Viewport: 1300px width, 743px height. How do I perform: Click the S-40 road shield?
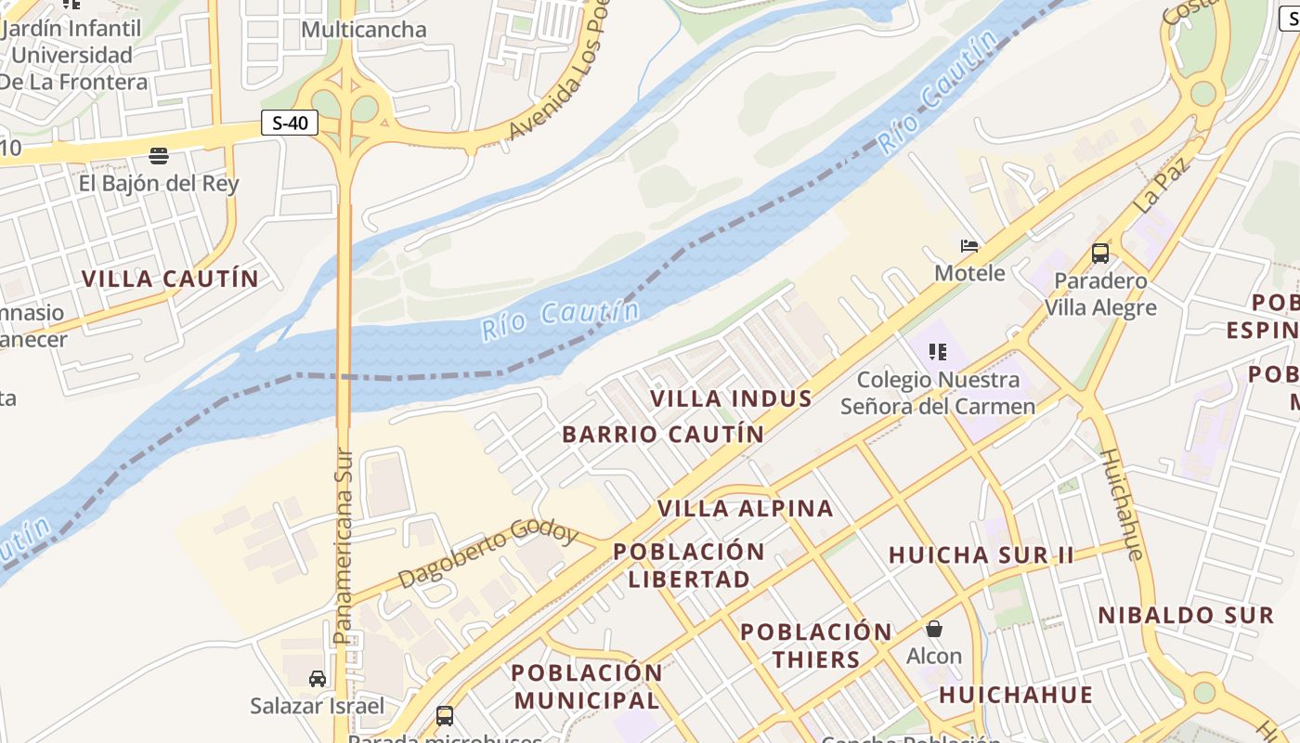coord(290,123)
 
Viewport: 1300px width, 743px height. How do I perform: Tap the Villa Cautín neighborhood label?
coord(170,279)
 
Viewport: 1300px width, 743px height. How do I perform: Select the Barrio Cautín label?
coord(663,434)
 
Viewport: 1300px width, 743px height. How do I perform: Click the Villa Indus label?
coord(731,398)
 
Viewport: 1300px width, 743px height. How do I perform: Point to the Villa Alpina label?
coord(746,508)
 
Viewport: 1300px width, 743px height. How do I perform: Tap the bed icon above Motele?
coord(969,246)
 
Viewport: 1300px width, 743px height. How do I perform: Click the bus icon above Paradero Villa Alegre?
coord(1100,253)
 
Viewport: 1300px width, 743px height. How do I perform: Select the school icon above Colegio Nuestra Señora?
coord(938,352)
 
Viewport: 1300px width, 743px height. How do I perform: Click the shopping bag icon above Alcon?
coord(934,629)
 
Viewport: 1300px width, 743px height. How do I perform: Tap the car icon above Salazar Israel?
coord(318,679)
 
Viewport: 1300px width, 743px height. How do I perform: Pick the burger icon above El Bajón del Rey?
coord(159,155)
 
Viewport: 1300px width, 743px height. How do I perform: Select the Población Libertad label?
coord(689,565)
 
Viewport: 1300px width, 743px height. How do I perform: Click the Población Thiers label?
coord(815,645)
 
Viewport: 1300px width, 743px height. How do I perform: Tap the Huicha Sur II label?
coord(981,555)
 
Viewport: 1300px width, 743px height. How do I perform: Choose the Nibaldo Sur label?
coord(1185,615)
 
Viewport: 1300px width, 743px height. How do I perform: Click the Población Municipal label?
coord(587,685)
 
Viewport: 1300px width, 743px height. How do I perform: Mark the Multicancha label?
coord(364,30)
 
